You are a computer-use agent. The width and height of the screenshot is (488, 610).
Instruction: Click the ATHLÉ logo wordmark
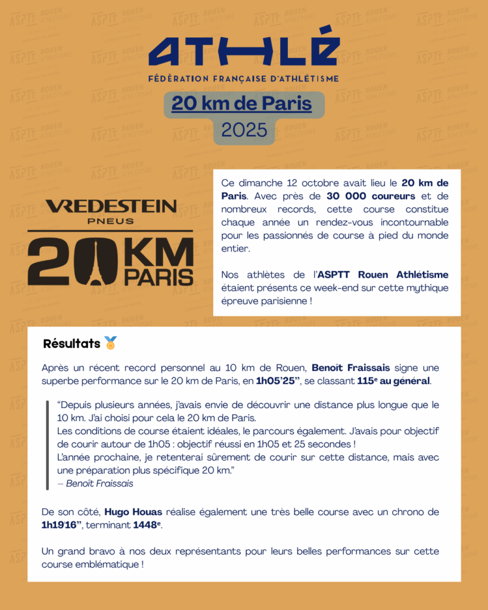(x=244, y=46)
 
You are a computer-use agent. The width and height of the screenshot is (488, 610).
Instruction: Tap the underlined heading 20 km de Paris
(x=241, y=104)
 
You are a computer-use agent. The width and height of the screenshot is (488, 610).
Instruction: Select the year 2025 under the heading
(x=244, y=130)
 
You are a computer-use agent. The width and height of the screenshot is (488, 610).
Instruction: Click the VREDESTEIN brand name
(x=111, y=206)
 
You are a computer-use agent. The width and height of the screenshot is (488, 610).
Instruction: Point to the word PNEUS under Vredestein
(x=111, y=222)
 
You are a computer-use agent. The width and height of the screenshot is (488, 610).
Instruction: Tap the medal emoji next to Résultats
(x=111, y=343)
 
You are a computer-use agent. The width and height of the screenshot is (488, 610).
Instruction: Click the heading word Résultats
(x=72, y=344)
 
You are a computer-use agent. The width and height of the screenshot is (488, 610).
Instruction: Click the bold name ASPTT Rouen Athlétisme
(x=383, y=275)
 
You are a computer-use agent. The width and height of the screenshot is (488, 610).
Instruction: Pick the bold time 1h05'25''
(x=278, y=381)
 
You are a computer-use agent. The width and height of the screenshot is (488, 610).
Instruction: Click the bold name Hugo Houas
(x=134, y=512)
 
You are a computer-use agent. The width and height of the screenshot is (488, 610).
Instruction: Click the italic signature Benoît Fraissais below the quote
(x=99, y=483)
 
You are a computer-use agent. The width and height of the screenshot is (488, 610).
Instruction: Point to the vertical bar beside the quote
(x=47, y=444)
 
